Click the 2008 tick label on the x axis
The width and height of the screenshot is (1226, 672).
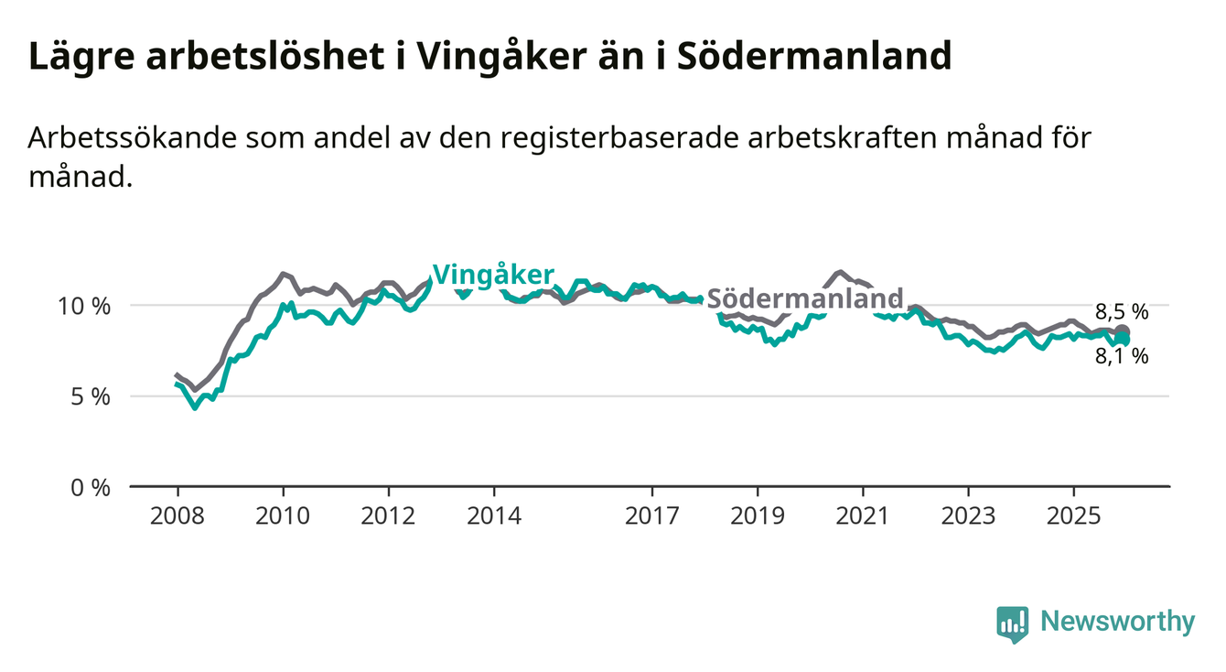(177, 515)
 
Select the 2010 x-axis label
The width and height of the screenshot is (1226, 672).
(283, 515)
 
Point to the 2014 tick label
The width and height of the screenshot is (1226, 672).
(494, 515)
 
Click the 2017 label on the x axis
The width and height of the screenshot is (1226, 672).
(652, 515)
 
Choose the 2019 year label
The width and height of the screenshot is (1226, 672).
(758, 515)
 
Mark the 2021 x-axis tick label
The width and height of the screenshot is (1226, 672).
(863, 515)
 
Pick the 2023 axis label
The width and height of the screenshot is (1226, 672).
(969, 515)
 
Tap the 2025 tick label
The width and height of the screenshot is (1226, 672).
(1074, 515)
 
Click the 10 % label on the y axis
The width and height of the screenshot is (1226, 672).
(85, 306)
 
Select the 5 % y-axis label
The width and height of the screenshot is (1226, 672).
(91, 396)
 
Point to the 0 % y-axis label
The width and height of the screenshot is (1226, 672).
(91, 487)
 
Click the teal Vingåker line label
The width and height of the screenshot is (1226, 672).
(493, 275)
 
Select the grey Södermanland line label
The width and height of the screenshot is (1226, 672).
(805, 298)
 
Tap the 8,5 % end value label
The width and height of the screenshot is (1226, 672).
(1122, 311)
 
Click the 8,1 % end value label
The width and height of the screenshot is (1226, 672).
(1122, 357)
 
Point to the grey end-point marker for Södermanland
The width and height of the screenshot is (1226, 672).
(1123, 331)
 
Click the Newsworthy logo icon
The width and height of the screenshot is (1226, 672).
(1012, 623)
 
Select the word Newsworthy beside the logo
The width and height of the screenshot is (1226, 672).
(1117, 623)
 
